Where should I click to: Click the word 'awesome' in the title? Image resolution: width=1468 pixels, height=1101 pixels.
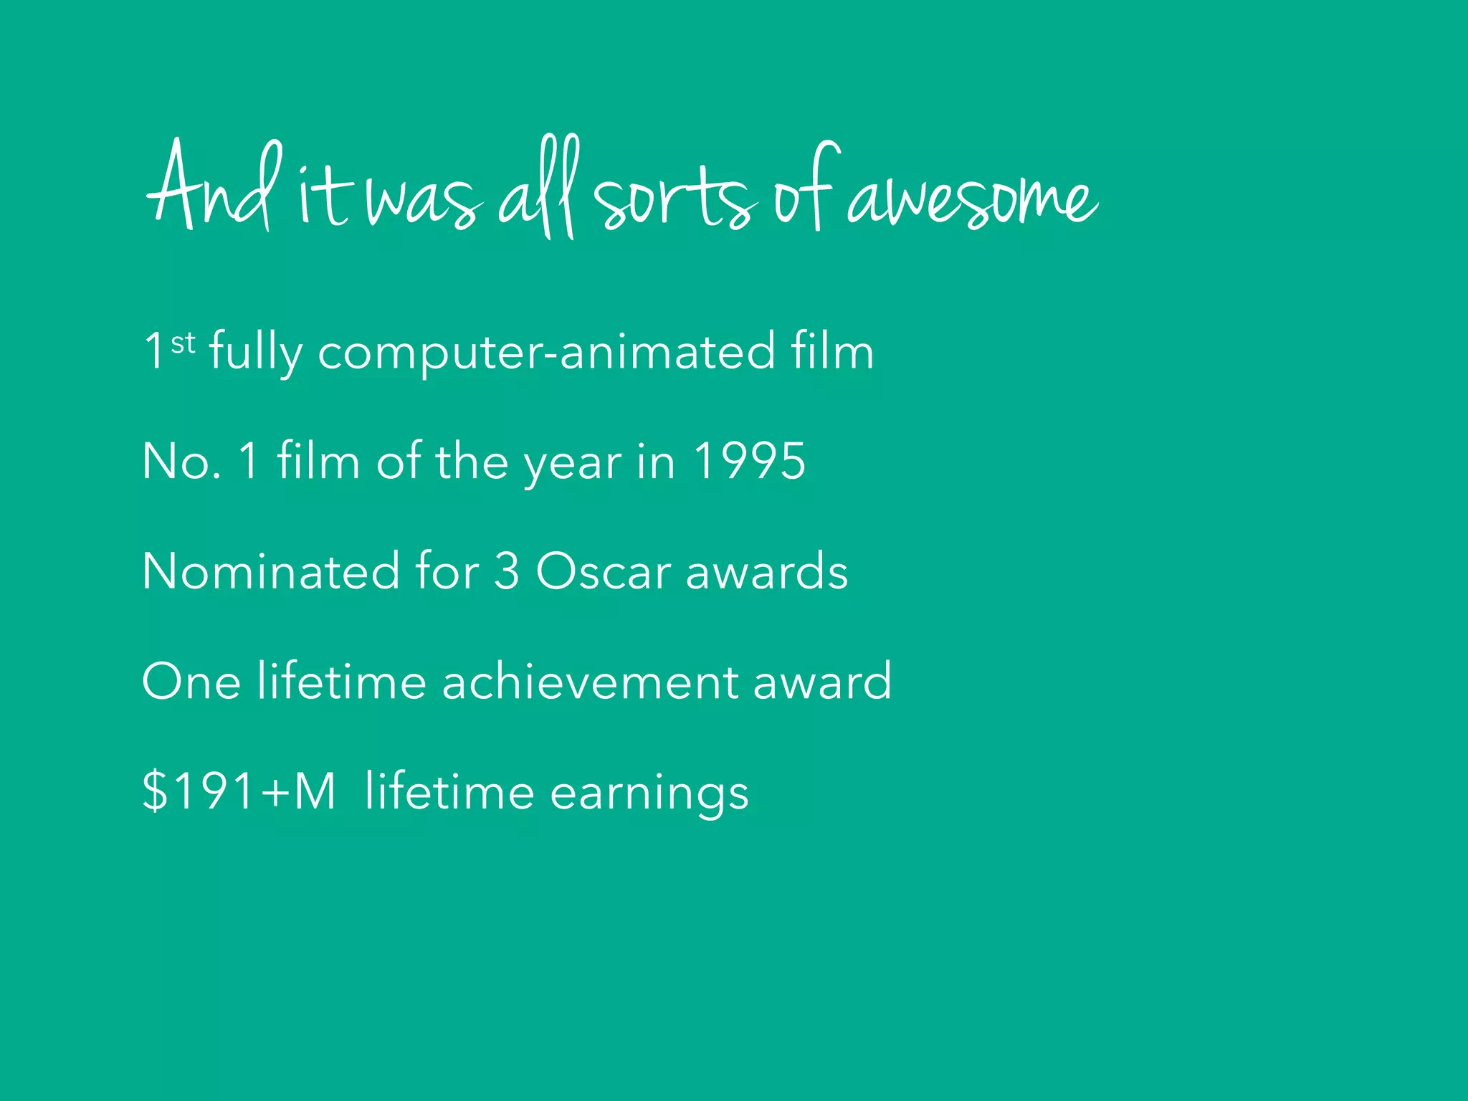click(971, 197)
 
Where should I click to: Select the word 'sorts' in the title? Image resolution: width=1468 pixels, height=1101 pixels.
click(674, 197)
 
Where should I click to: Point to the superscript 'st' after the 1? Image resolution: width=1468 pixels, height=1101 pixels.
click(183, 343)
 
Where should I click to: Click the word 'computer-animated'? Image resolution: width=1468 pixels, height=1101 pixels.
click(546, 352)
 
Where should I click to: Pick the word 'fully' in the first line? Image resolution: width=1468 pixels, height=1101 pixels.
click(255, 353)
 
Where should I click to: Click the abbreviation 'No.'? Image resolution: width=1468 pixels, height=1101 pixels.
click(181, 461)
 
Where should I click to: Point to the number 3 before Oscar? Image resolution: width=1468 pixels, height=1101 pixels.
click(506, 572)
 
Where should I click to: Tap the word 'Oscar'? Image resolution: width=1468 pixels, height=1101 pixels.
click(604, 572)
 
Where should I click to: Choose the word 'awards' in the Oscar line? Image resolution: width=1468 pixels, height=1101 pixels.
click(766, 572)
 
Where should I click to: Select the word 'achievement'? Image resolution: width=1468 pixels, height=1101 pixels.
click(589, 682)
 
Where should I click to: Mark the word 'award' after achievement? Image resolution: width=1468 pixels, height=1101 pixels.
click(822, 682)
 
